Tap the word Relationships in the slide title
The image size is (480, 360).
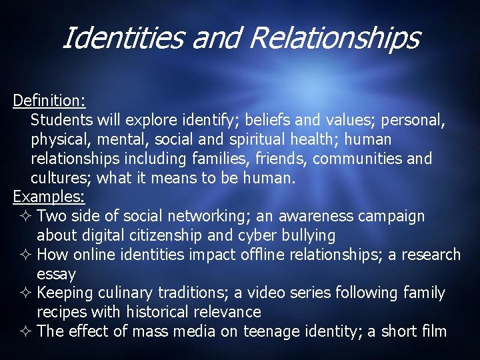tap(335, 38)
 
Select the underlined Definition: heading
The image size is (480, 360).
tap(49, 101)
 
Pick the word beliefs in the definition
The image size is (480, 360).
tap(269, 120)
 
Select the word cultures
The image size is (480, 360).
tap(61, 178)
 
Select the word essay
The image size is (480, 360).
tap(56, 274)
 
